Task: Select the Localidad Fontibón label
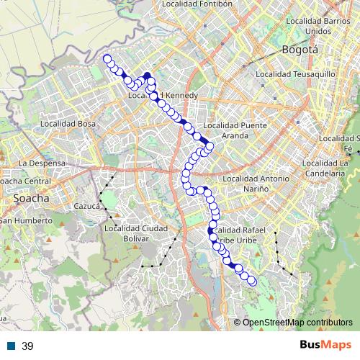198,4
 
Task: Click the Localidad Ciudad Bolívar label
135,233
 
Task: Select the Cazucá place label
86,206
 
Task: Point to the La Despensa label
42,163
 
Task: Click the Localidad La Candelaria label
336,168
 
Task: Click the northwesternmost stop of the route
107,59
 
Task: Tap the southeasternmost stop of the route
253,282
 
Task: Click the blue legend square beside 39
13,346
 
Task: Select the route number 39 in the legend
28,346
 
